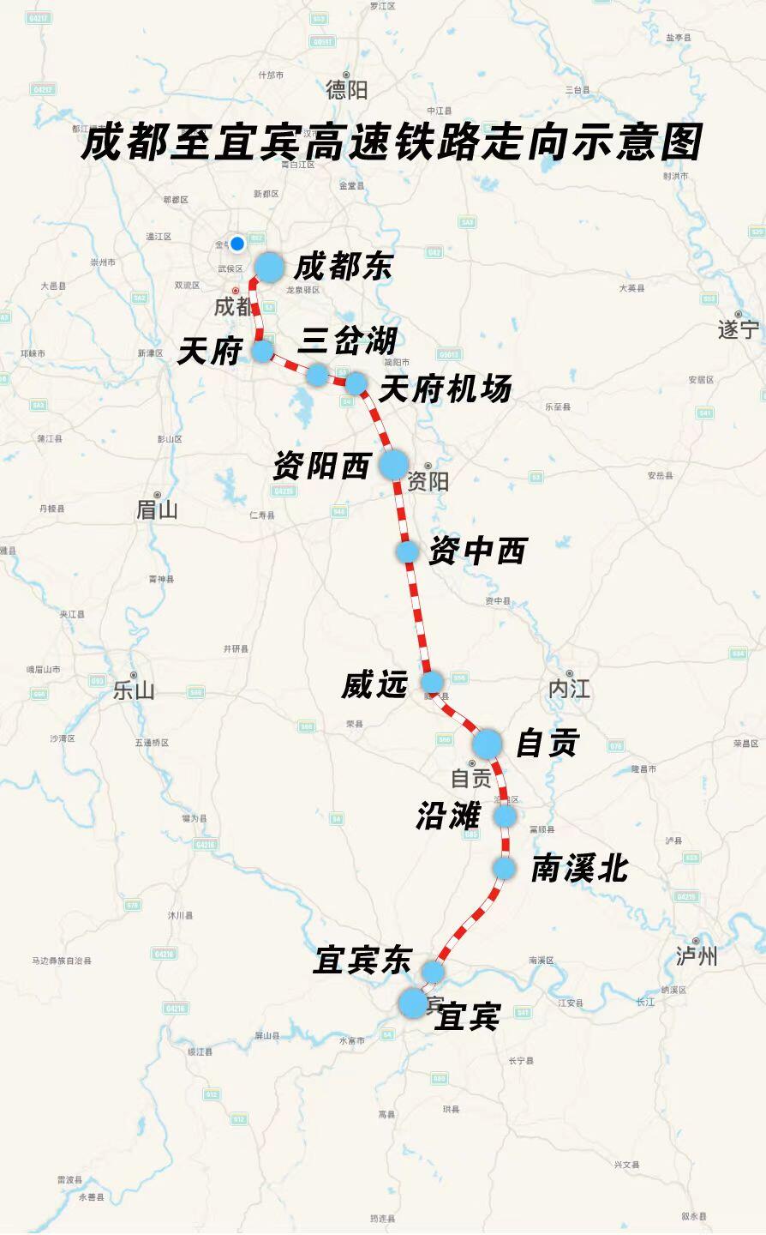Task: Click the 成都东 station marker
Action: point(269,267)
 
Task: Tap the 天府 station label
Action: point(208,351)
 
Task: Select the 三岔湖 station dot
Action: point(317,374)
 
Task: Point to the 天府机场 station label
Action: point(446,389)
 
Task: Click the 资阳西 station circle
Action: point(393,464)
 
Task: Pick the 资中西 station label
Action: point(477,551)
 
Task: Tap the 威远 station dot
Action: point(432,683)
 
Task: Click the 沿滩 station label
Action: point(448,816)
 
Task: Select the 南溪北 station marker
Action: point(504,868)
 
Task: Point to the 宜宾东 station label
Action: point(362,960)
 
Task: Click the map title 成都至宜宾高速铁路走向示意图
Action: point(392,142)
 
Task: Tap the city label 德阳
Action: point(347,88)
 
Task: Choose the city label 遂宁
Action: point(739,329)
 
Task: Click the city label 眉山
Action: point(157,510)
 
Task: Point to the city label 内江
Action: point(570,689)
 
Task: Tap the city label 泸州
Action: point(697,955)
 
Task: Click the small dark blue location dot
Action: point(237,243)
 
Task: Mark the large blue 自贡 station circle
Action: point(487,744)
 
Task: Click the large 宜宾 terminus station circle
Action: point(413,1003)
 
